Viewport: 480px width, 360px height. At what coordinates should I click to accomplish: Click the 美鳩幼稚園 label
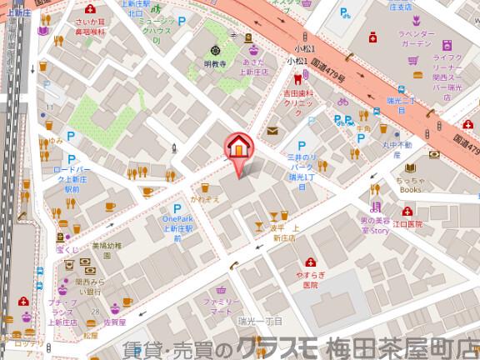click(x=106, y=250)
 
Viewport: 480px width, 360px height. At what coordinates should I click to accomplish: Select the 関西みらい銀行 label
click(x=87, y=286)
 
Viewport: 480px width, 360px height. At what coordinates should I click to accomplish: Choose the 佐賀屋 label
click(x=114, y=321)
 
